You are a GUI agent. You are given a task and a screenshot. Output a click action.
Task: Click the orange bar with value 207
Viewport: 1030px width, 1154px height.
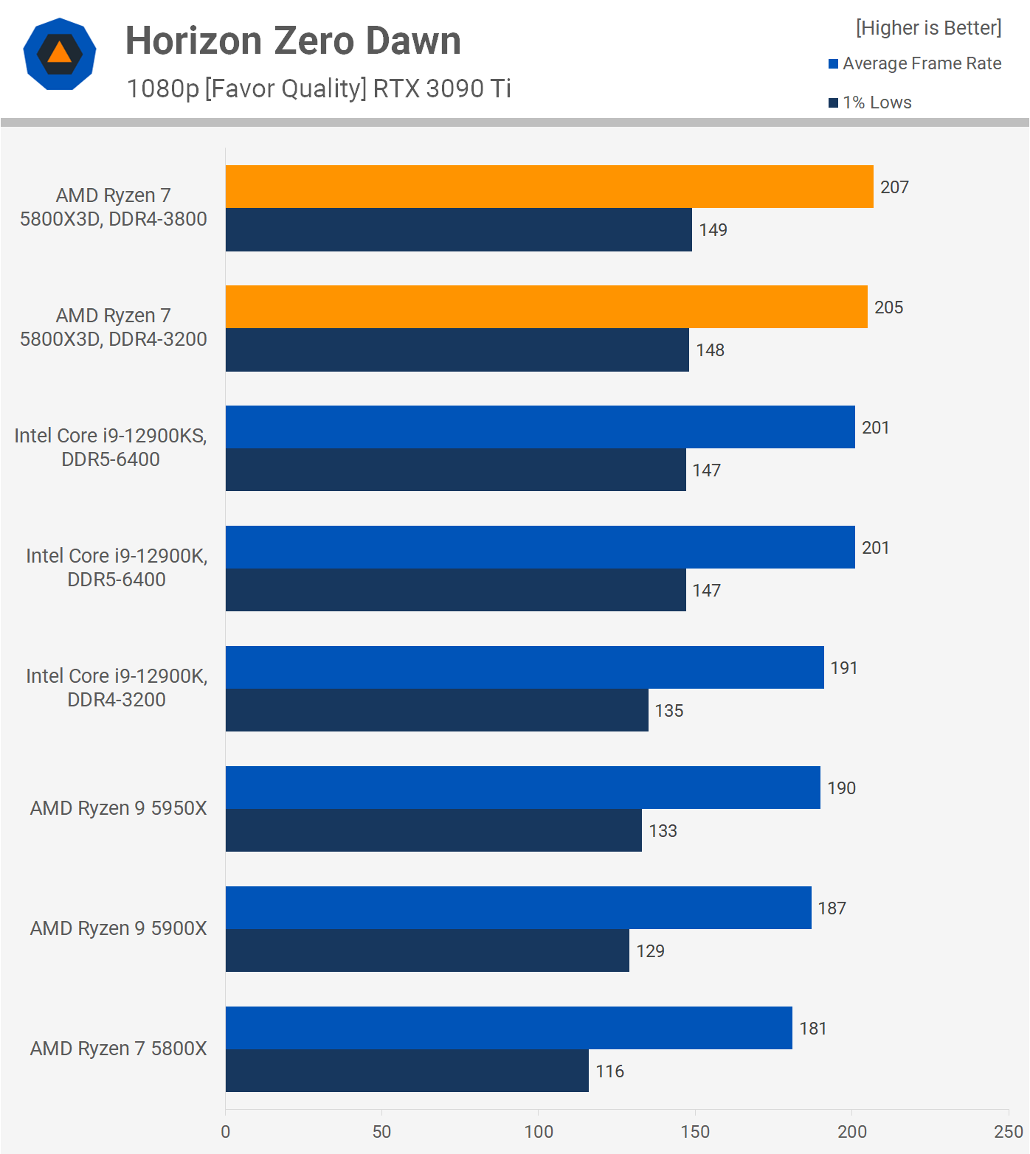tap(549, 187)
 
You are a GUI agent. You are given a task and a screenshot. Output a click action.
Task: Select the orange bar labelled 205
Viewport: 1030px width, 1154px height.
tap(546, 307)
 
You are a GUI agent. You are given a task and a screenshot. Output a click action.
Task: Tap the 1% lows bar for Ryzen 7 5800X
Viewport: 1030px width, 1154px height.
tap(407, 1071)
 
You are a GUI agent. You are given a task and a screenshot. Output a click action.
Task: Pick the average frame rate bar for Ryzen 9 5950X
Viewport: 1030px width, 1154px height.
tap(522, 788)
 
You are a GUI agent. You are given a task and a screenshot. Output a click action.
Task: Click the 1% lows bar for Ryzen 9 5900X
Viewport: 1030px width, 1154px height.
tap(427, 950)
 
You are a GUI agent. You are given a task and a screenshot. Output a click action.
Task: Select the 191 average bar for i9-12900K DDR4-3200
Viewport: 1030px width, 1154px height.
tap(525, 667)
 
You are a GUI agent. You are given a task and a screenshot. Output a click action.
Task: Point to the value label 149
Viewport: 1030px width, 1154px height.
tap(713, 230)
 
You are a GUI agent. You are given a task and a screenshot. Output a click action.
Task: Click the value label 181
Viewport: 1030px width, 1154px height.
tap(812, 1029)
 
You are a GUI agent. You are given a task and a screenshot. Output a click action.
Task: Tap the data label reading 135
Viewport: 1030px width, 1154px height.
tap(668, 711)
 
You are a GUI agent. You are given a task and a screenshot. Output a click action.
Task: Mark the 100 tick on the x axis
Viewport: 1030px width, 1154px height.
tap(539, 1132)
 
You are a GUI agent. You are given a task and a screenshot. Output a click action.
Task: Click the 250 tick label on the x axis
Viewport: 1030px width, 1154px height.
tap(1008, 1132)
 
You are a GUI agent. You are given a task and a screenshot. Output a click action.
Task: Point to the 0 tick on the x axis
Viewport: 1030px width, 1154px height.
tap(226, 1132)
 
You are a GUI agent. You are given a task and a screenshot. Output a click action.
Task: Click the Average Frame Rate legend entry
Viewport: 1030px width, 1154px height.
tap(915, 63)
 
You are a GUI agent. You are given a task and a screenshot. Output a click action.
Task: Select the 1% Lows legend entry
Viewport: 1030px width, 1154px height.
tap(871, 102)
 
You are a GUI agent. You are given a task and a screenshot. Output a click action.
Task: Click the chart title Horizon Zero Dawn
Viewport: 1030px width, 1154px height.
tap(293, 41)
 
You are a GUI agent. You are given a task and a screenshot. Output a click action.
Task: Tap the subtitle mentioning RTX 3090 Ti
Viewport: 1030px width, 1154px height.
tap(319, 88)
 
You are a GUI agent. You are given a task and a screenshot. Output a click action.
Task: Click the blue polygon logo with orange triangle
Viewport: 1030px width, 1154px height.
tap(60, 54)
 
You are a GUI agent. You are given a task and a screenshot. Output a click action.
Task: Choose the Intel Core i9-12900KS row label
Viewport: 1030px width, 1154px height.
tap(111, 447)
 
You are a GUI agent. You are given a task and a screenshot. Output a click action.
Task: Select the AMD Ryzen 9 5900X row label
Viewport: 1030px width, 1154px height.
tap(118, 928)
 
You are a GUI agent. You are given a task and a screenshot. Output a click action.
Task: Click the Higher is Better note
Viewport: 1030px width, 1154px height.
tap(928, 28)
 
